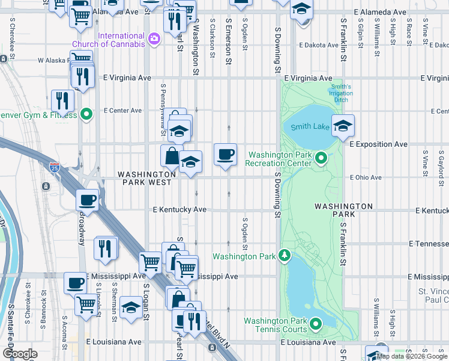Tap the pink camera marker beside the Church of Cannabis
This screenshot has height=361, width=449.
point(155,39)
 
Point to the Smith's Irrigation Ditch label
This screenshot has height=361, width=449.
point(340,93)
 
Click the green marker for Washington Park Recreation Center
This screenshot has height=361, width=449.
point(321,158)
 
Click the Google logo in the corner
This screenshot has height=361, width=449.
point(20,353)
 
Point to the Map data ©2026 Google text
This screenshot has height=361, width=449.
point(412,356)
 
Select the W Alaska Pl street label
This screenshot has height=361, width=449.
point(55,60)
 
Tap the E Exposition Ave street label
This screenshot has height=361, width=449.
point(378,144)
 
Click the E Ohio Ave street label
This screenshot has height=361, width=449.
point(366,177)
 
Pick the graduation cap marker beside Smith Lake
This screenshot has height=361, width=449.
point(343,126)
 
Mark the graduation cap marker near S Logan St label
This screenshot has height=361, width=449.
point(131,308)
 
